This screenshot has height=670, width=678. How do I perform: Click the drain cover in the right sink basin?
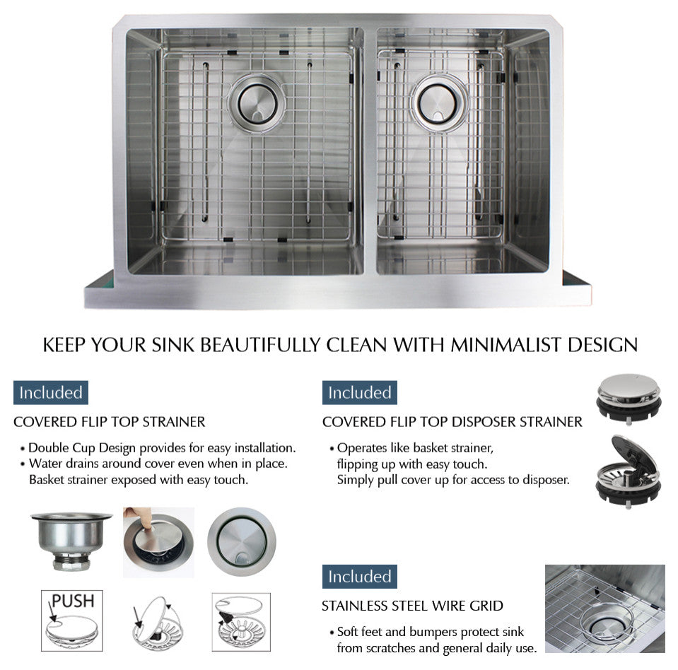(x=439, y=102)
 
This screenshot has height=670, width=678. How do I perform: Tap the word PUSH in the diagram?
(x=73, y=601)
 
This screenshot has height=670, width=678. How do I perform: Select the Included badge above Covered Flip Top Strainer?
(x=51, y=392)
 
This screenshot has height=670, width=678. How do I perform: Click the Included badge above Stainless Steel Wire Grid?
(x=359, y=576)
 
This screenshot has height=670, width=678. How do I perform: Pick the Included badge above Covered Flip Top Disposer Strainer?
(x=359, y=392)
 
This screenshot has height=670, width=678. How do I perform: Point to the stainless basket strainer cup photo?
(x=71, y=541)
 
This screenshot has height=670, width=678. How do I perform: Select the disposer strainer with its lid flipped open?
(x=629, y=471)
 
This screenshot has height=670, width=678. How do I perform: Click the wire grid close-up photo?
(x=605, y=609)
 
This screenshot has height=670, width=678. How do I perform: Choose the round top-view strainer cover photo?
(x=241, y=541)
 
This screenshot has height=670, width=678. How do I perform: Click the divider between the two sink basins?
(x=370, y=151)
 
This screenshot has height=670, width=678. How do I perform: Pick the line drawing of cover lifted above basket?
(x=241, y=622)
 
